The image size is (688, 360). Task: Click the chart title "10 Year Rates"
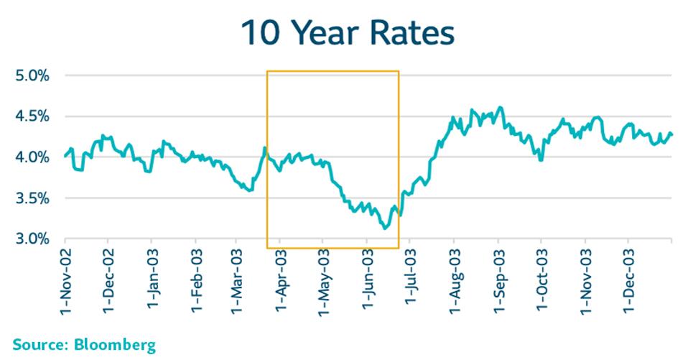pyautogui.click(x=348, y=34)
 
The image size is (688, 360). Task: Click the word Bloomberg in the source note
pyautogui.click(x=114, y=346)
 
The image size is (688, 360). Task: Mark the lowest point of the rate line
pyautogui.click(x=386, y=228)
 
